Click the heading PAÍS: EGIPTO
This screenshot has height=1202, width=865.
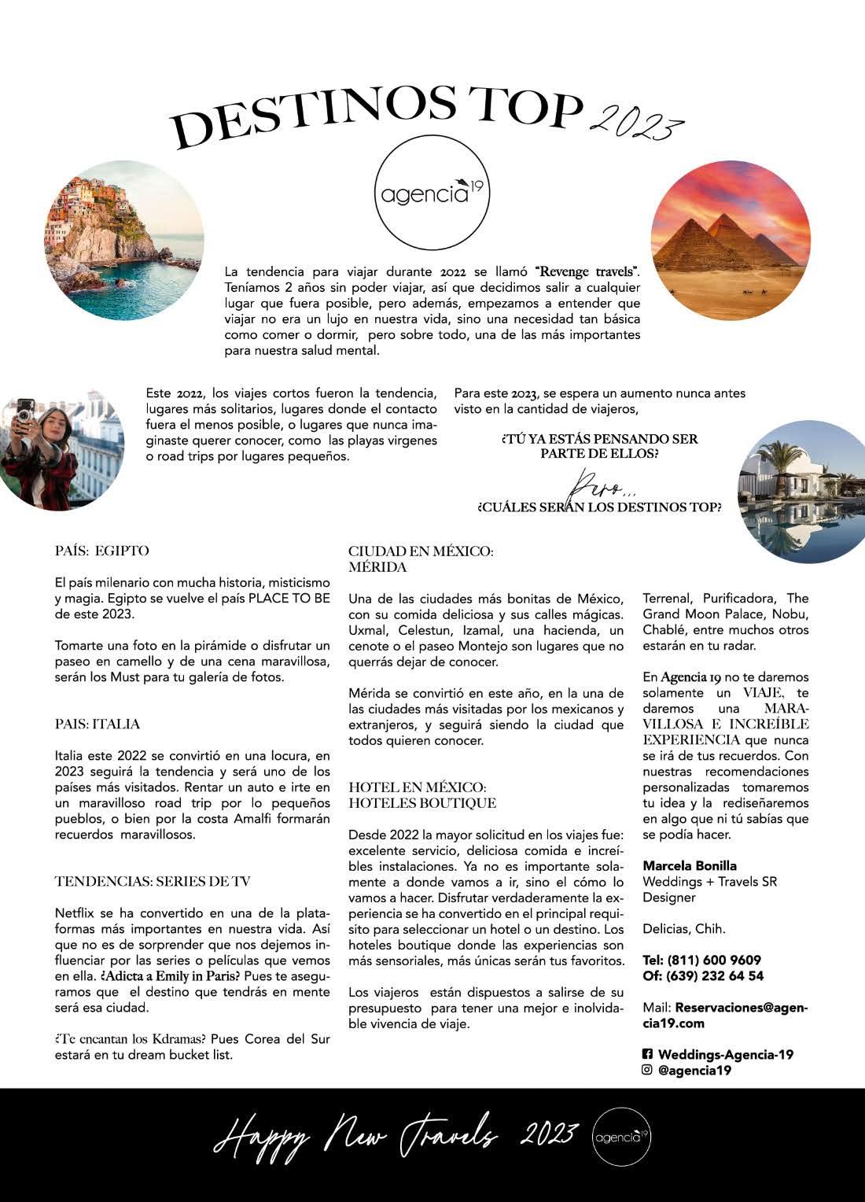(102, 551)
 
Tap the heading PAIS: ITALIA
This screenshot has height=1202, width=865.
(98, 724)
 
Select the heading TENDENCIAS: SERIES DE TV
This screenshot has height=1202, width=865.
(153, 881)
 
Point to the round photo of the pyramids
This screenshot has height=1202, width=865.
(731, 240)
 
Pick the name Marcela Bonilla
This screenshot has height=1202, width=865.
(690, 865)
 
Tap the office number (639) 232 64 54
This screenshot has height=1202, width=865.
(715, 976)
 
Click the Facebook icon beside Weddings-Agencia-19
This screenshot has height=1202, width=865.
(648, 1054)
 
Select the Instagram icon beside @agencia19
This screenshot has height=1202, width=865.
(648, 1070)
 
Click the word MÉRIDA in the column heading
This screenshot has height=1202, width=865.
(377, 567)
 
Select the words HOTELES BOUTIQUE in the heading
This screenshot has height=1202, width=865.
(422, 803)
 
